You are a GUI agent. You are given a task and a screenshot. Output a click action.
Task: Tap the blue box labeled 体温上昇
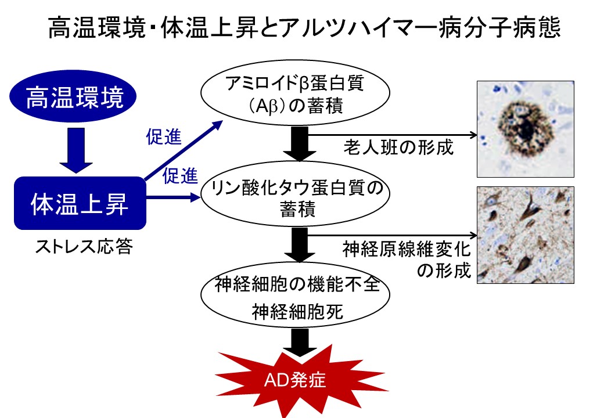click(x=80, y=203)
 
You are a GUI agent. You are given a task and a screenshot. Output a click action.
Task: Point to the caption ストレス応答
click(x=84, y=248)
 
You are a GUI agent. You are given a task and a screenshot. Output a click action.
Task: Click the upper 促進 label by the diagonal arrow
click(x=163, y=138)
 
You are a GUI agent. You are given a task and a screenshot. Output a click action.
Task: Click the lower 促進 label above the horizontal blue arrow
click(x=181, y=175)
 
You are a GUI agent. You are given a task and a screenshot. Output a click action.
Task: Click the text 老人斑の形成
click(x=397, y=147)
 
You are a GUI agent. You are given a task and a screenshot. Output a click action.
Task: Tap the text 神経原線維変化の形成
click(x=406, y=260)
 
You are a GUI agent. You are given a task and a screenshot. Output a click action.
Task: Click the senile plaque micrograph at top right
click(x=525, y=128)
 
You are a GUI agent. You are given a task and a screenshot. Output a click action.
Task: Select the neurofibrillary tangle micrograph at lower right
click(x=525, y=235)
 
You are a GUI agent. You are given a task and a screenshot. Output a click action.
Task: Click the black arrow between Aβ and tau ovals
click(x=299, y=145)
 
